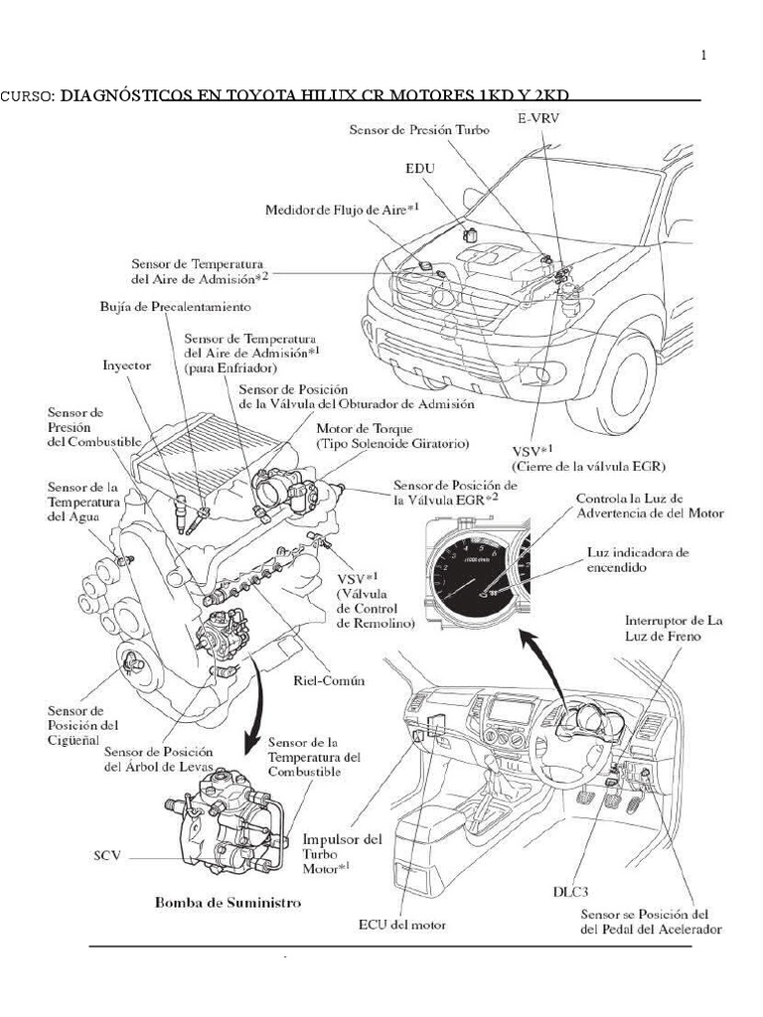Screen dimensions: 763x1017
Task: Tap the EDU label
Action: [x=420, y=169]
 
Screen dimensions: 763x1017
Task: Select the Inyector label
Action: [x=126, y=365]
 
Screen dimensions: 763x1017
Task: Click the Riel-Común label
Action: [x=329, y=680]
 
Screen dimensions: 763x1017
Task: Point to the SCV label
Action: [x=107, y=855]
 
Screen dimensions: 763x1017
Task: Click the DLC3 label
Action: [x=571, y=891]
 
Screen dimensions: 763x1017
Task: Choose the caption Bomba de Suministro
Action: [x=228, y=902]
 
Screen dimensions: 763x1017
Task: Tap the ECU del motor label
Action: [x=402, y=925]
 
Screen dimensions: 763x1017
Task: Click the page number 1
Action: [x=704, y=56]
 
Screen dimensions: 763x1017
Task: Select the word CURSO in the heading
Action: [x=27, y=96]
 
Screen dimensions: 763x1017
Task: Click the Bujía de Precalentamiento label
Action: [x=175, y=306]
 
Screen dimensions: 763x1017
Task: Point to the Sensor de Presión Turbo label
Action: [x=419, y=130]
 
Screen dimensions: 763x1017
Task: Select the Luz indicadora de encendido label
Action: [x=639, y=560]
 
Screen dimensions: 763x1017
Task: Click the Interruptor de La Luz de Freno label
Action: [x=675, y=629]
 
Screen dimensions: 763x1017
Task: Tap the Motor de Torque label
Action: [x=392, y=437]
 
